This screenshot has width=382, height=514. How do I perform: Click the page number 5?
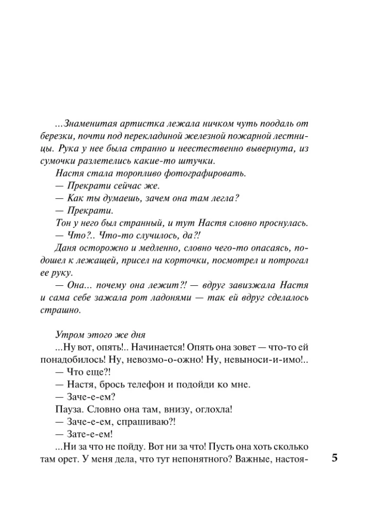pyautogui.click(x=335, y=459)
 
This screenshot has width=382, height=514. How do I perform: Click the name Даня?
pyautogui.click(x=64, y=248)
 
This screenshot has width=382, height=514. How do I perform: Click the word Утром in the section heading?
pyautogui.click(x=67, y=335)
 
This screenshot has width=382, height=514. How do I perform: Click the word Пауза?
pyautogui.click(x=67, y=410)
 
